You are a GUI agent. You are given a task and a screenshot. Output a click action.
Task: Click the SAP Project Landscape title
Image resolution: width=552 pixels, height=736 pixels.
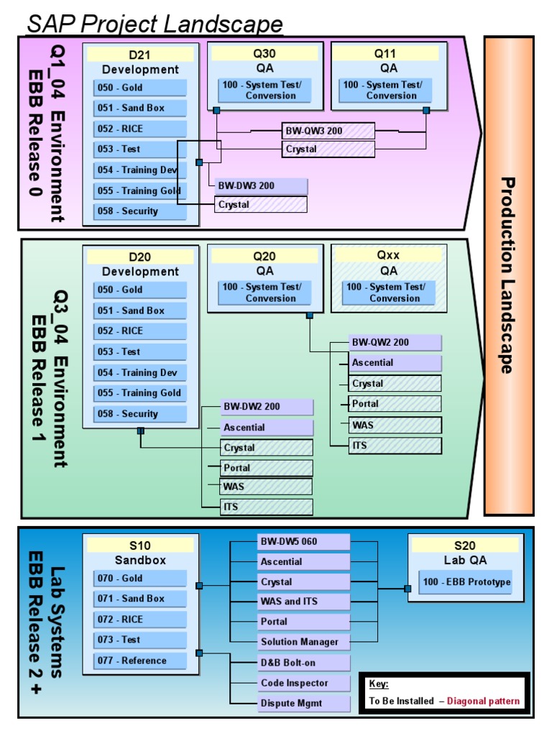(x=155, y=24)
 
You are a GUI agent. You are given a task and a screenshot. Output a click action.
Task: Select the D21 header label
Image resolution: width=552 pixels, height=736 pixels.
(x=140, y=55)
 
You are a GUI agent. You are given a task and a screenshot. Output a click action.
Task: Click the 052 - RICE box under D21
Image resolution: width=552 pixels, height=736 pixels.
(x=139, y=129)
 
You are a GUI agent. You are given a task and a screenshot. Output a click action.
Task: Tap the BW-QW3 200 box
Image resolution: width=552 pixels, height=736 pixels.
(x=328, y=130)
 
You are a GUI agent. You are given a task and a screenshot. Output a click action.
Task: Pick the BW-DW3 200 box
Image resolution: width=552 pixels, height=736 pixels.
(x=261, y=185)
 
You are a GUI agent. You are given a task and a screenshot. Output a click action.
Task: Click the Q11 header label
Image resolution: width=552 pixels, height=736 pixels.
(x=389, y=53)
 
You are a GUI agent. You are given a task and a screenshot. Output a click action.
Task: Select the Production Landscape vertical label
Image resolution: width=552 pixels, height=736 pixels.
(x=508, y=275)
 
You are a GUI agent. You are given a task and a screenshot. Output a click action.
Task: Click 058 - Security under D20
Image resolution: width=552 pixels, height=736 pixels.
(x=139, y=414)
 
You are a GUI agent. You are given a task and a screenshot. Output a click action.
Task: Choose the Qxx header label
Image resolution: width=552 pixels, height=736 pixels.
(x=389, y=255)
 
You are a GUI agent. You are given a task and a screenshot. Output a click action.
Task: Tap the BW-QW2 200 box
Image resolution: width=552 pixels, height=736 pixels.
(x=395, y=342)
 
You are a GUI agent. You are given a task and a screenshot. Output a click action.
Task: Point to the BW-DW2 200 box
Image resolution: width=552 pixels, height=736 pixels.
(x=267, y=407)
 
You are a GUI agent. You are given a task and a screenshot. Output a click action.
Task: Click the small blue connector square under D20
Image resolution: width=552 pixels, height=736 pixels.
(x=141, y=431)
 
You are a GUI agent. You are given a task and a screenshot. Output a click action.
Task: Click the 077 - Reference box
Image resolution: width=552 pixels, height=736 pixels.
(x=139, y=661)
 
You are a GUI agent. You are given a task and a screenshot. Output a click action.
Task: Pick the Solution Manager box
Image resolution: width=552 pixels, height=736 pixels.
(x=303, y=642)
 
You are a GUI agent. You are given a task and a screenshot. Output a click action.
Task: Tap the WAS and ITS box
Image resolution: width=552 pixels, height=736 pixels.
(x=303, y=602)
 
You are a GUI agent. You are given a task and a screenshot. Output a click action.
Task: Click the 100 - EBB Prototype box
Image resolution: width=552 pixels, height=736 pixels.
(x=465, y=582)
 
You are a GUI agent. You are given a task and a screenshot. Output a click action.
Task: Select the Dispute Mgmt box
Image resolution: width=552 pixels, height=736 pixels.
(x=303, y=703)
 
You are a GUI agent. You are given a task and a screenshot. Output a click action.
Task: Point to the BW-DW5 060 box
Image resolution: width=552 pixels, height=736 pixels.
(x=303, y=541)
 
